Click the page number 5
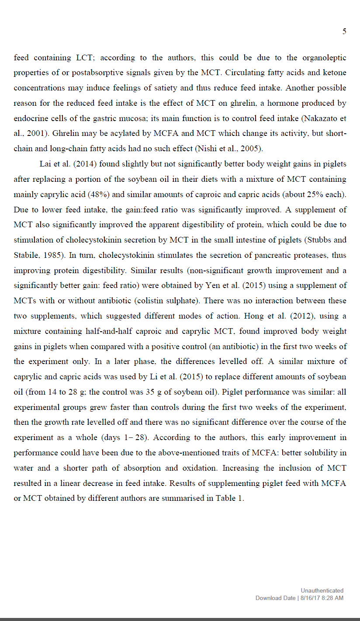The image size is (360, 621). [x=344, y=31]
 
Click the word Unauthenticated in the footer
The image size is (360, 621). [x=322, y=590]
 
